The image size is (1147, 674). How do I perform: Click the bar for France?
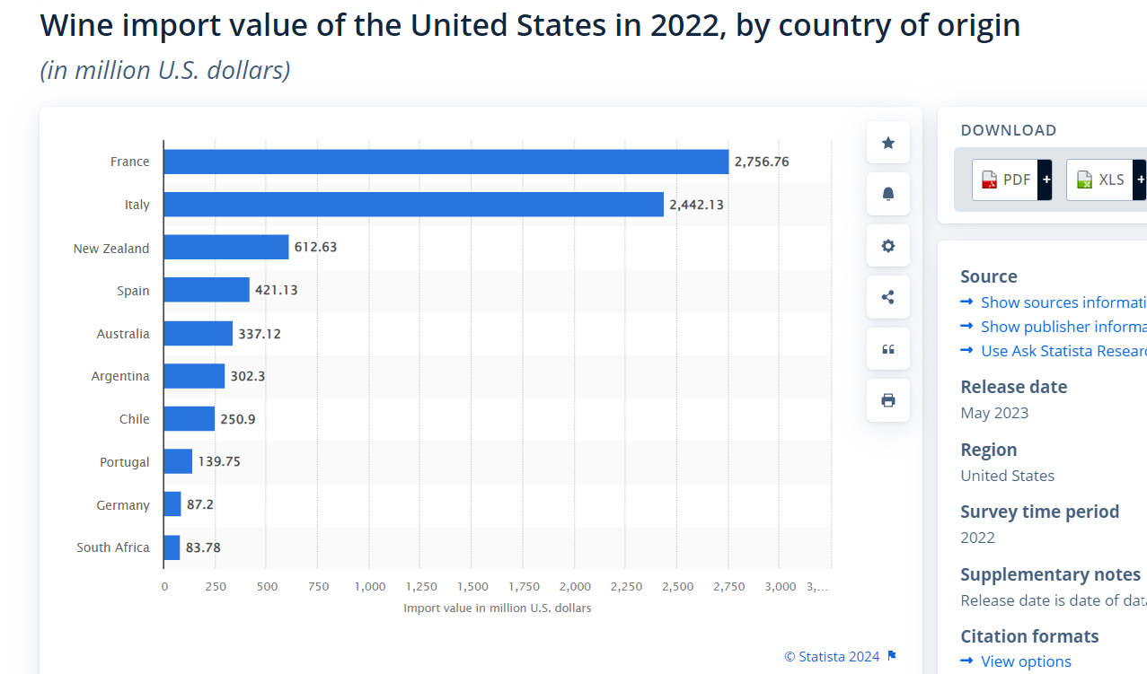click(x=446, y=162)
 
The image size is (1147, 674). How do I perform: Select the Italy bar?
click(x=413, y=205)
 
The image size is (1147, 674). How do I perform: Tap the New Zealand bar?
click(x=226, y=248)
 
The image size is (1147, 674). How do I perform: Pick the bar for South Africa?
click(x=172, y=547)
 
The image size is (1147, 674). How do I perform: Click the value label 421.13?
click(x=277, y=291)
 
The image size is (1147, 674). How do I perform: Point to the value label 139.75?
click(x=219, y=462)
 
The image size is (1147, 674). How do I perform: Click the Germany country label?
click(x=123, y=505)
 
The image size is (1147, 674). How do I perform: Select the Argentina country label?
click(x=120, y=376)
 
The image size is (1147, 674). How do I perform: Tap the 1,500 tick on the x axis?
click(x=472, y=587)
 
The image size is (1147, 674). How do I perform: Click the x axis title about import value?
click(x=498, y=608)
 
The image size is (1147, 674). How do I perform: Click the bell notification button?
click(x=888, y=194)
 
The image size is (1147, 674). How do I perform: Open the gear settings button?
click(x=888, y=246)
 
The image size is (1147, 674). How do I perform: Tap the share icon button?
click(x=888, y=297)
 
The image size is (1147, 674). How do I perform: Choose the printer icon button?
click(x=888, y=400)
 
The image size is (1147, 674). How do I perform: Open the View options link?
click(x=1026, y=661)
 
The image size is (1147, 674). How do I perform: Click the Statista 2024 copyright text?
click(x=832, y=657)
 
